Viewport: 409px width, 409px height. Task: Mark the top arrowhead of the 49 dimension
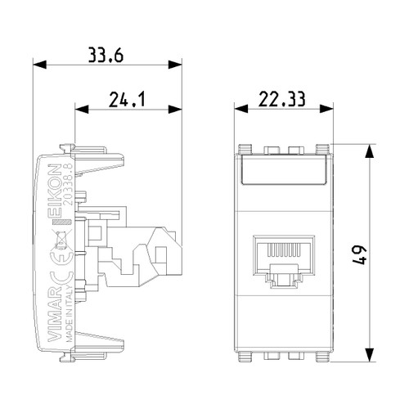click(x=371, y=149)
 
